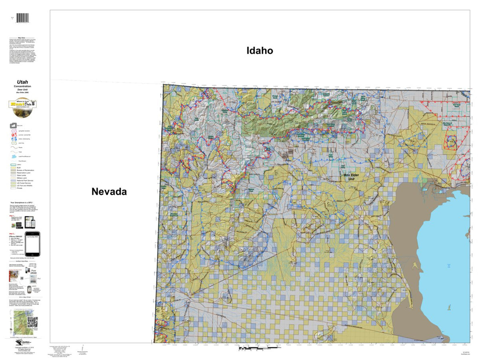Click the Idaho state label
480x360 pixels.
pyautogui.click(x=260, y=50)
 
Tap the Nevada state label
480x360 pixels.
pyautogui.click(x=109, y=192)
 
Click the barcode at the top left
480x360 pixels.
pyautogui.click(x=23, y=19)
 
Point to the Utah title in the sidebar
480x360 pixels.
pyautogui.click(x=22, y=82)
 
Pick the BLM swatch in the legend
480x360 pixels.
pyautogui.click(x=13, y=167)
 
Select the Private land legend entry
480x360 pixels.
pyautogui.click(x=13, y=188)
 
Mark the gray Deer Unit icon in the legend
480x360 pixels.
pyautogui.click(x=13, y=125)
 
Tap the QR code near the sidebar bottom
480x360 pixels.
pyautogui.click(x=32, y=322)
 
